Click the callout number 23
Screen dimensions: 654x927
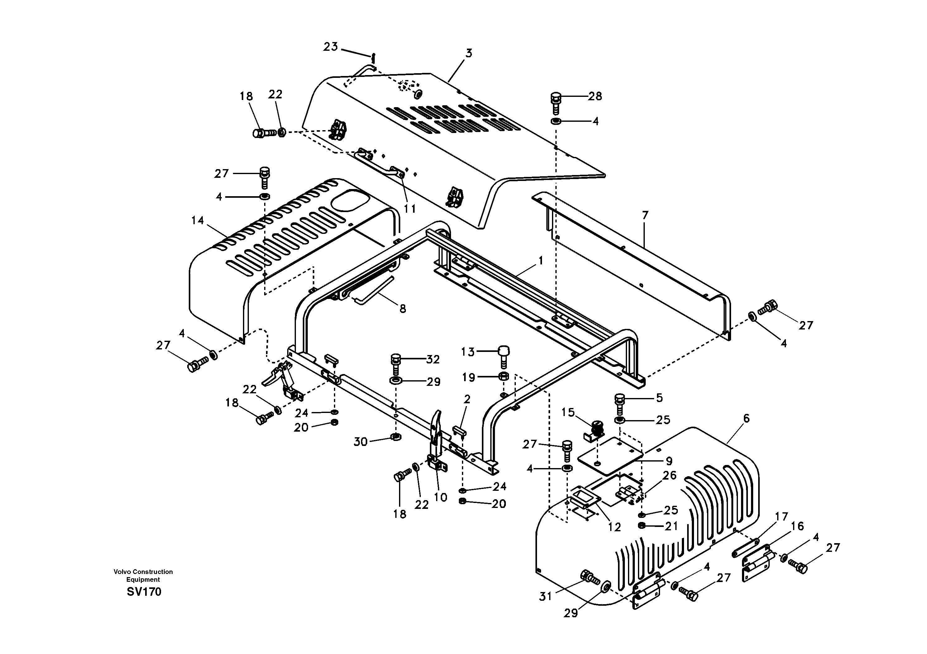[x=330, y=47]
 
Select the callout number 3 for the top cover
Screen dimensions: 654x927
[x=468, y=53]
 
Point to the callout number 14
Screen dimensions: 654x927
[x=197, y=220]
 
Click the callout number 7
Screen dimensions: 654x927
[x=645, y=216]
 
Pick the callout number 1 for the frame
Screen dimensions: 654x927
[x=541, y=261]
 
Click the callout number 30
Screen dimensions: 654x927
[x=360, y=442]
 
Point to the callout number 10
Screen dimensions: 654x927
[x=440, y=497]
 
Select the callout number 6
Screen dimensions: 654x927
[x=746, y=419]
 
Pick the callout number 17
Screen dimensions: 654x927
[x=782, y=517]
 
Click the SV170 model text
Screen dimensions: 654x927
[x=144, y=592]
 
